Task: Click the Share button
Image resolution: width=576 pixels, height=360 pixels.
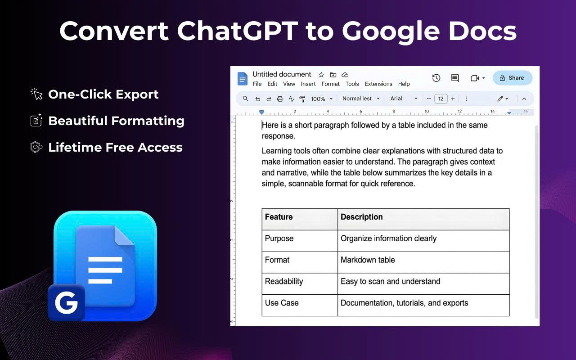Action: (x=512, y=78)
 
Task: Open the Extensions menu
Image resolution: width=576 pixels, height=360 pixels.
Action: (x=378, y=84)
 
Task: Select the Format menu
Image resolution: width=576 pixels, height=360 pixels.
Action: (x=330, y=84)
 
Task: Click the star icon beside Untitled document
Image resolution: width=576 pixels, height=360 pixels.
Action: (x=321, y=75)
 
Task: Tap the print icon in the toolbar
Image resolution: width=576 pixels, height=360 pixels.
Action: (x=280, y=99)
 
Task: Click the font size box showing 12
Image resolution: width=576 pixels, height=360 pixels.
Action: (x=441, y=99)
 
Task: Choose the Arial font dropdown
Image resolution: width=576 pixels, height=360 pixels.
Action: (x=404, y=99)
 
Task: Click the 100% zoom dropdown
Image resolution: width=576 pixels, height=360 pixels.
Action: (x=321, y=99)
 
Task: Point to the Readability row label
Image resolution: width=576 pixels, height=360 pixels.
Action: (x=284, y=282)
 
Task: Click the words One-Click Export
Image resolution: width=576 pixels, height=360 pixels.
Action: (x=103, y=94)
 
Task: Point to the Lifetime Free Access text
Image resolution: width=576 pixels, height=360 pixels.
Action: (x=115, y=148)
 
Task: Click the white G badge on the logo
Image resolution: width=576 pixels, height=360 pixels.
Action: (x=66, y=303)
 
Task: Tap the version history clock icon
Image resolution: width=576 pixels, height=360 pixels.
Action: (x=436, y=78)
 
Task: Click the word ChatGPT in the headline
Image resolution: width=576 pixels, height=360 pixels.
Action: (x=237, y=31)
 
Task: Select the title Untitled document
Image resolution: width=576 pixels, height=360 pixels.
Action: (x=282, y=74)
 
